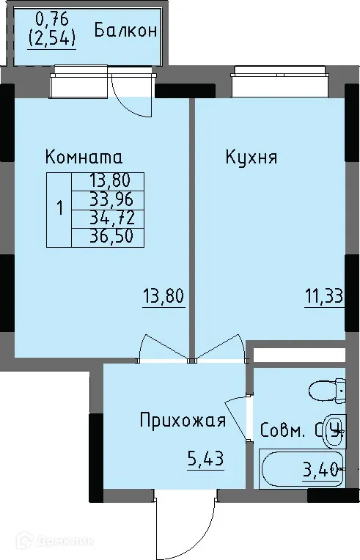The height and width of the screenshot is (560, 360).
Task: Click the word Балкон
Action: pyautogui.click(x=126, y=31)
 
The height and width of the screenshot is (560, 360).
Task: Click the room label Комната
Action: pyautogui.click(x=83, y=157)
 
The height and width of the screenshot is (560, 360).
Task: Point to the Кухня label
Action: pyautogui.click(x=251, y=157)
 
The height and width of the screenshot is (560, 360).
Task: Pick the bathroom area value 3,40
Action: pyautogui.click(x=322, y=470)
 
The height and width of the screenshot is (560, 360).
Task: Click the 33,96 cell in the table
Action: pyautogui.click(x=107, y=199)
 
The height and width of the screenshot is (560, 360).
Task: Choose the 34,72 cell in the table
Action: pyautogui.click(x=107, y=218)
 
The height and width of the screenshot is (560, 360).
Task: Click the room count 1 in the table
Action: pyautogui.click(x=59, y=208)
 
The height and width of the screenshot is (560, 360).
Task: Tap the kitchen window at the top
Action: pyautogui.click(x=279, y=74)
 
